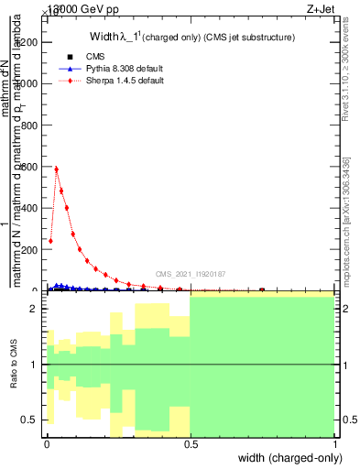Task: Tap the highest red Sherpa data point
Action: tap(56, 169)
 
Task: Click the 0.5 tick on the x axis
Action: tap(191, 444)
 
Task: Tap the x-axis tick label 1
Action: tap(335, 444)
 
